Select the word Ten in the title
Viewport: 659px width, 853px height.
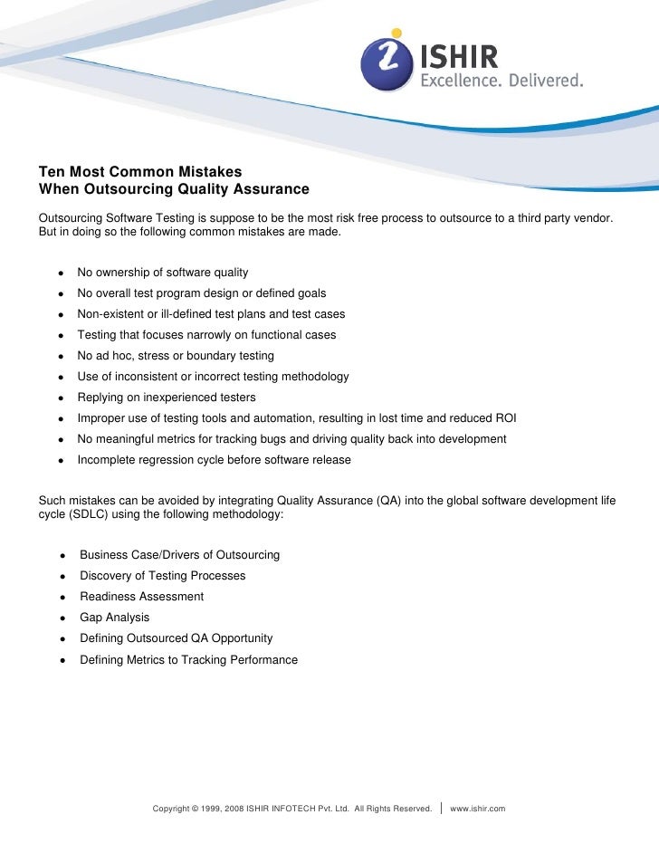pyautogui.click(x=51, y=171)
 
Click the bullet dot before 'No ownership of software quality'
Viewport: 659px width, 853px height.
pyautogui.click(x=60, y=273)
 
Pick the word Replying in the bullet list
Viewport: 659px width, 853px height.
pyautogui.click(x=101, y=398)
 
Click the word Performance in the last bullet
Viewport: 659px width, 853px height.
pyautogui.click(x=263, y=660)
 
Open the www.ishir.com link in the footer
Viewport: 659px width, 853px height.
pyautogui.click(x=477, y=808)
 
